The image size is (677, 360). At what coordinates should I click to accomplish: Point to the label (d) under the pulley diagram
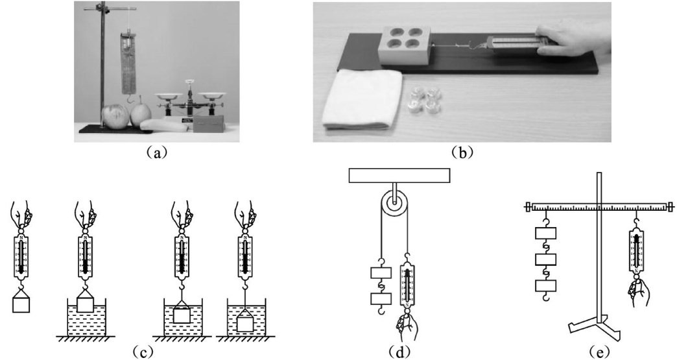pyautogui.click(x=395, y=352)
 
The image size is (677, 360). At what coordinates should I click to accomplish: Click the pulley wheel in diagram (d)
pyautogui.click(x=395, y=204)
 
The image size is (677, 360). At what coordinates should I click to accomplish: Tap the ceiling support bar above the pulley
pyautogui.click(x=399, y=175)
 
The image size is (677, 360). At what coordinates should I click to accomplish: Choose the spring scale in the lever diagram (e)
pyautogui.click(x=637, y=254)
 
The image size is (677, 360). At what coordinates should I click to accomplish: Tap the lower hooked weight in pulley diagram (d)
pyautogui.click(x=379, y=299)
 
